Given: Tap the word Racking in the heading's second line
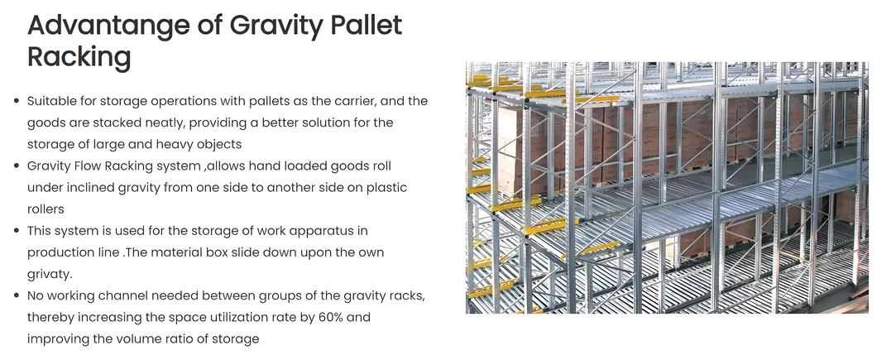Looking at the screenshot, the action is (79, 57).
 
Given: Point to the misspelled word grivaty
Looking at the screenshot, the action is (50, 274).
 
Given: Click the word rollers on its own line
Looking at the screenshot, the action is (46, 209).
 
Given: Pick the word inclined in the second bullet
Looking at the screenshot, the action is (93, 188).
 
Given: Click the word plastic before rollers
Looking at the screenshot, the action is (386, 188).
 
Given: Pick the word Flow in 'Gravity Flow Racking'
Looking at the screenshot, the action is (81, 166).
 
